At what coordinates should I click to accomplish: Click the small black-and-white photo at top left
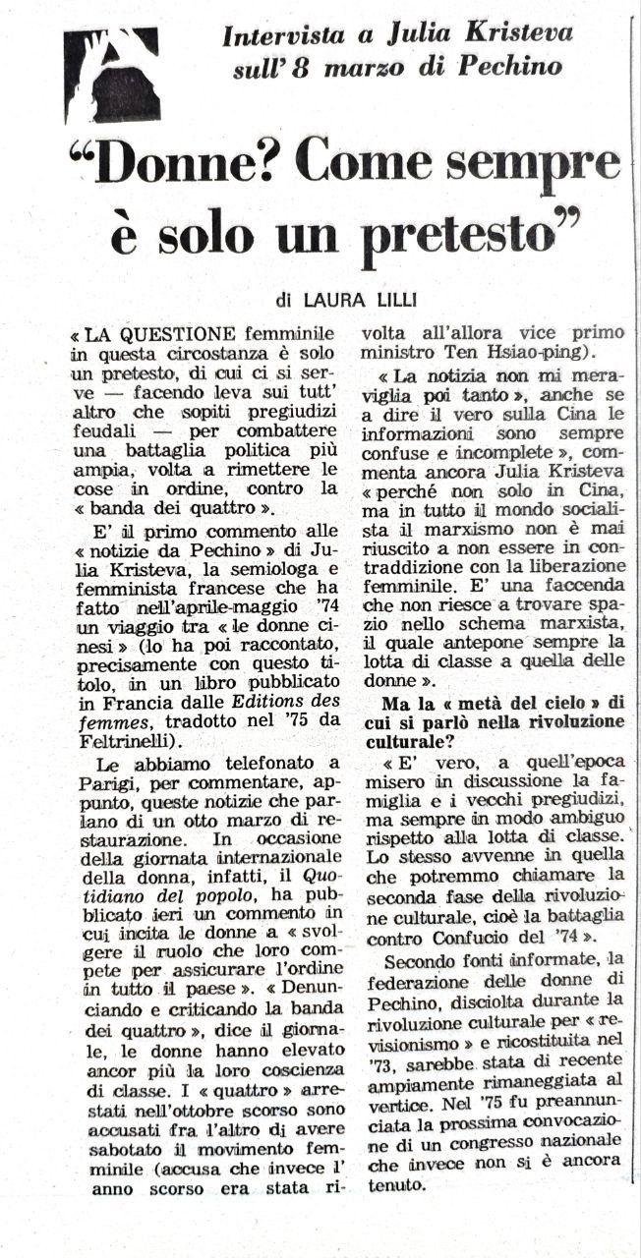pyautogui.click(x=111, y=75)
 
